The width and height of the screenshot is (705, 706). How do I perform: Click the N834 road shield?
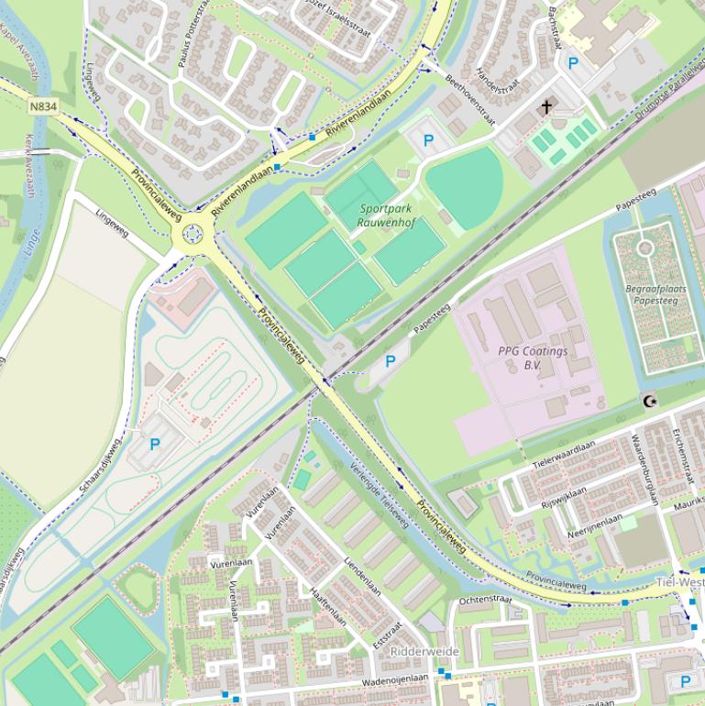43,107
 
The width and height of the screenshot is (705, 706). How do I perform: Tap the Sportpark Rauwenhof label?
384,215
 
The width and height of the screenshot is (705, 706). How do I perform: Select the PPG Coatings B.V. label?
533,358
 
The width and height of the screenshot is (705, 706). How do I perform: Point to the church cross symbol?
546,107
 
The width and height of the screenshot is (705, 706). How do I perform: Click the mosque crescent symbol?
651,401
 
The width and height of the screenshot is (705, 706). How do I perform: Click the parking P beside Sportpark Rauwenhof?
427,141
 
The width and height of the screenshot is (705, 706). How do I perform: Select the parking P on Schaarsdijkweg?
154,445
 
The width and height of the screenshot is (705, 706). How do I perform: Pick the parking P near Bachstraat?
574,63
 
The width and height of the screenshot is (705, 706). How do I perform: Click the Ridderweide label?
424,651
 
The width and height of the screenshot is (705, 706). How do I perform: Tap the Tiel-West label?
679,583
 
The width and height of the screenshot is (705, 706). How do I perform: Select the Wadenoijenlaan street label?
395,680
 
